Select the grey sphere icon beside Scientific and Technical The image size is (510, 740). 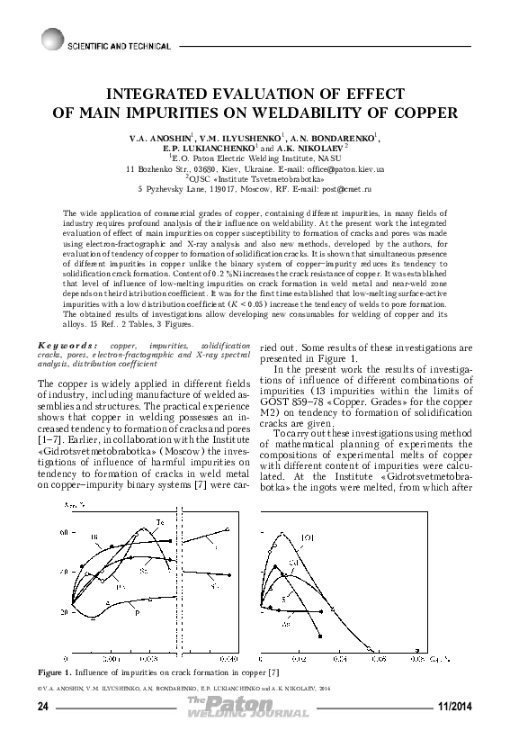(x=48, y=39)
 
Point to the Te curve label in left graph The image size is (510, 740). (x=161, y=523)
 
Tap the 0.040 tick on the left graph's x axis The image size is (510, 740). (x=228, y=659)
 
